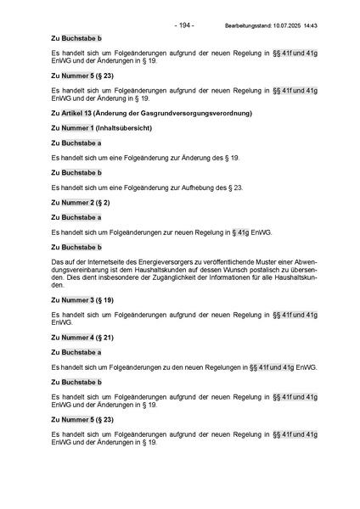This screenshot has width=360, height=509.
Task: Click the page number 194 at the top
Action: (x=184, y=25)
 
